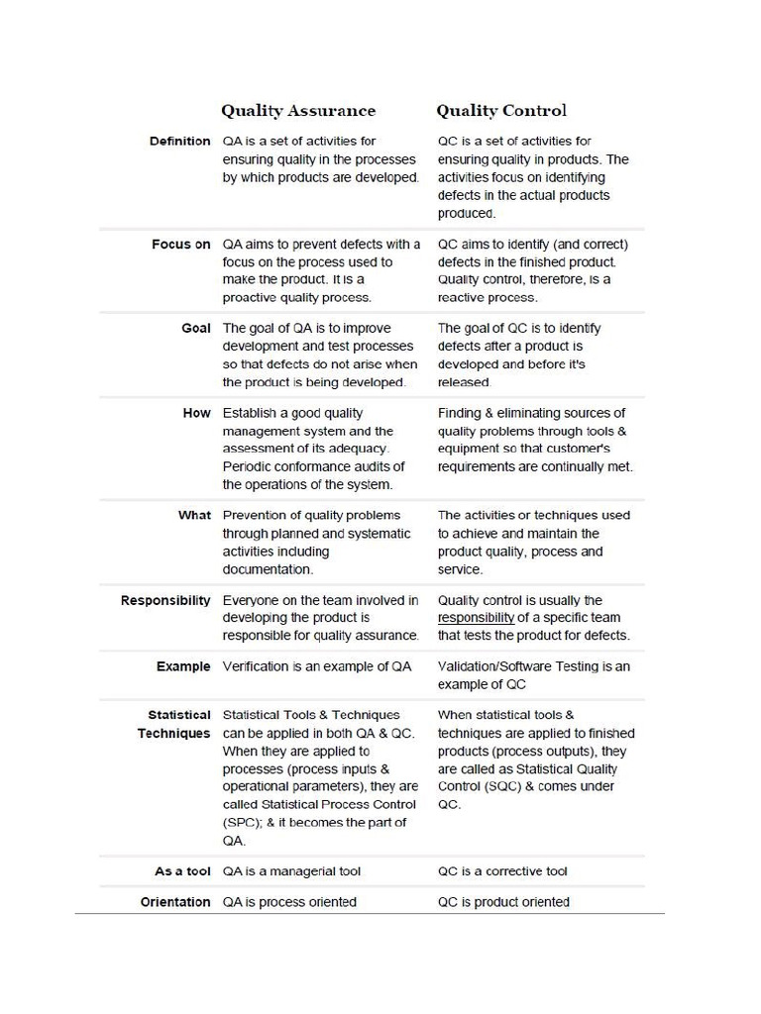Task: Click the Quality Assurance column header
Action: coord(297,111)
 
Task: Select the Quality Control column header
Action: coord(502,111)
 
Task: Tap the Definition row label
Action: coord(179,142)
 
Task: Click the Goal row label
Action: coord(196,328)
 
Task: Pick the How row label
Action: coord(197,413)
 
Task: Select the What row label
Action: coord(194,515)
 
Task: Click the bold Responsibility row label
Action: coord(165,600)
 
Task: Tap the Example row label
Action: coord(183,666)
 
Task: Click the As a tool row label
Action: coord(182,871)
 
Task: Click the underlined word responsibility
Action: coord(476,618)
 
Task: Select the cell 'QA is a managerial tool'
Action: coord(291,871)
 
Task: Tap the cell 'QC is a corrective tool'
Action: coord(502,871)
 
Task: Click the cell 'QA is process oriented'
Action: coord(289,902)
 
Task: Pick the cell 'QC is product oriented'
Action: coord(503,902)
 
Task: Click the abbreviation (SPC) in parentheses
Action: coord(242,823)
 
